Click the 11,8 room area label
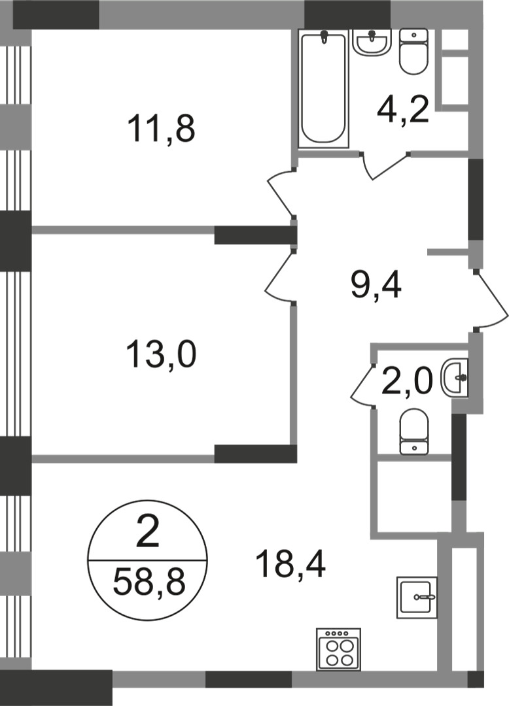161,128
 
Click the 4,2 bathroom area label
403,110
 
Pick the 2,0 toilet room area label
407,381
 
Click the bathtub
324,88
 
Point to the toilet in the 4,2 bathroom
413,52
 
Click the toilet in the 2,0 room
414,431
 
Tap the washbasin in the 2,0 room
455,377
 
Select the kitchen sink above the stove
417,597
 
